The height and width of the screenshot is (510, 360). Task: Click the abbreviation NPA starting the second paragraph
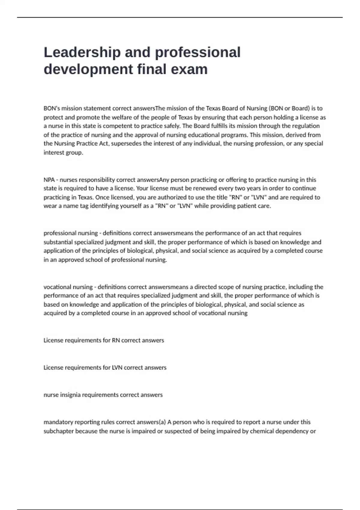click(x=49, y=180)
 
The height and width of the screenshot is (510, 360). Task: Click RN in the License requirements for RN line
click(x=116, y=340)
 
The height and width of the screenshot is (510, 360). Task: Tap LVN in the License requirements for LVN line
click(x=117, y=367)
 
